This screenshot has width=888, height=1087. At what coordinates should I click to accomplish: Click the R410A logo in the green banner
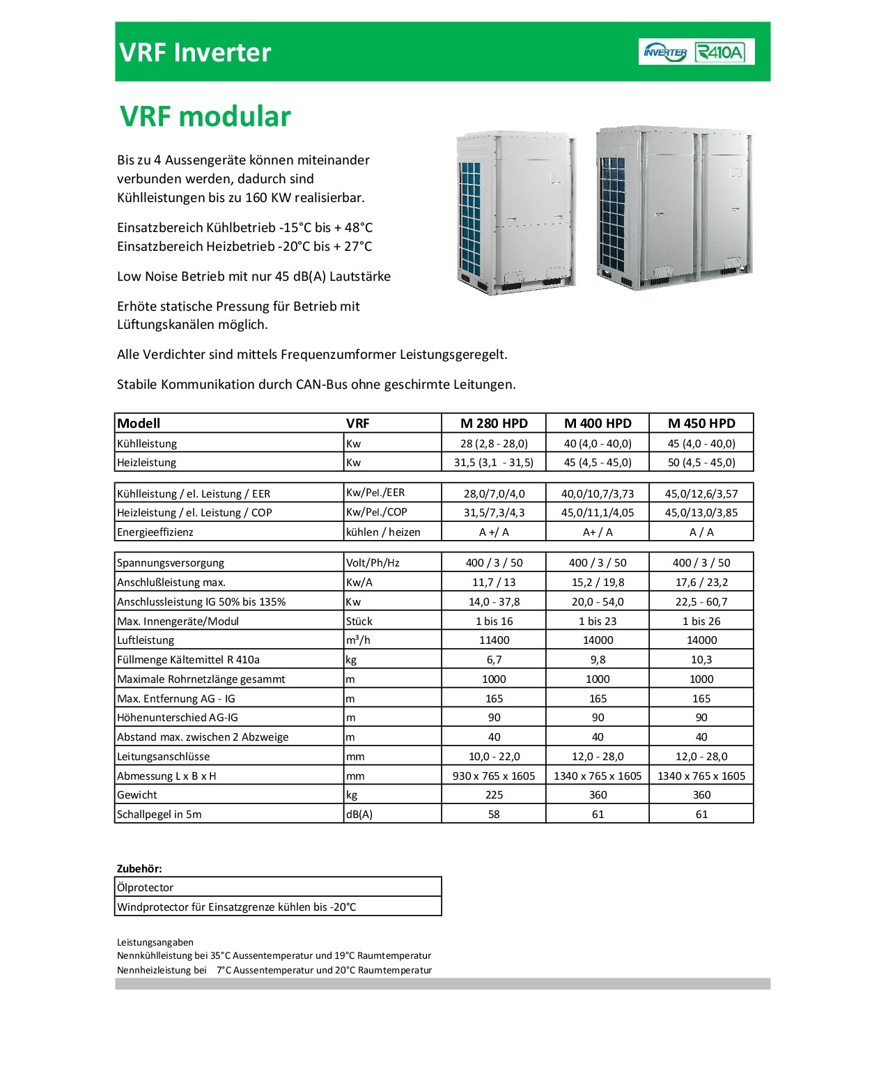[x=720, y=52]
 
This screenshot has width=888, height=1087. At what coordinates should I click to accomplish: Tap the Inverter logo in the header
[x=665, y=52]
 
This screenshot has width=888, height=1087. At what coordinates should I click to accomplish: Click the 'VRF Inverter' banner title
[x=195, y=52]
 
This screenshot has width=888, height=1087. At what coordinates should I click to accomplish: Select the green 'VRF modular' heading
[x=205, y=116]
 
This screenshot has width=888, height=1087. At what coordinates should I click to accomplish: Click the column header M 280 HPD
[x=494, y=423]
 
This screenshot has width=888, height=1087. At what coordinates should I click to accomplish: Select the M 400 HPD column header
[x=598, y=423]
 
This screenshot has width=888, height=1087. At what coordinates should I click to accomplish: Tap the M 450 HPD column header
[x=701, y=423]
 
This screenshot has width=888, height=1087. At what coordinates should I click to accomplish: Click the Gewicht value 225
[x=494, y=794]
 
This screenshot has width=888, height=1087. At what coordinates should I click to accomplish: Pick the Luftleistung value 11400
[x=494, y=640]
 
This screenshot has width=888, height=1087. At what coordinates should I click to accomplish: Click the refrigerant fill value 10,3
[x=701, y=659]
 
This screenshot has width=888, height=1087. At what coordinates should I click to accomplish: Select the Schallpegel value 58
[x=494, y=814]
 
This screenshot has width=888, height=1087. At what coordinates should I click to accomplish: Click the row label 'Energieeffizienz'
[x=155, y=532]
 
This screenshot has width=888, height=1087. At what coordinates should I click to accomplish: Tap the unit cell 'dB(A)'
[x=359, y=814]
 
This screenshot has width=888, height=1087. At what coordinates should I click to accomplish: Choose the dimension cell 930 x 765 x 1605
[x=494, y=776]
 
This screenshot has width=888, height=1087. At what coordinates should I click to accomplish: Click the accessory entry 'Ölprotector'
[x=145, y=887]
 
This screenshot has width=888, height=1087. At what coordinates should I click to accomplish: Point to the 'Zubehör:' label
[x=139, y=868]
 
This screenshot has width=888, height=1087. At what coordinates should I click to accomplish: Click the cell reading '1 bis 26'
[x=701, y=621]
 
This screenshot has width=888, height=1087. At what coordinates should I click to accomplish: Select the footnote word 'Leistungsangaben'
[x=155, y=942]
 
